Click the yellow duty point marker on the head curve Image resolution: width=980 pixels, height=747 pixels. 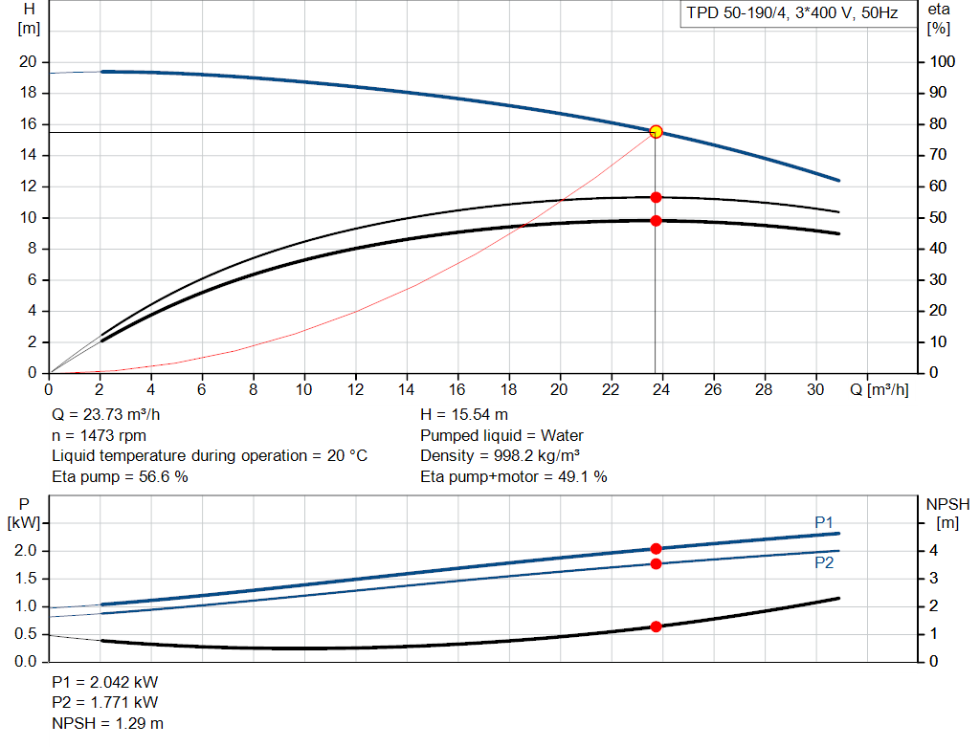point(656,131)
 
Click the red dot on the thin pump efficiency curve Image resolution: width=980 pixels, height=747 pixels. point(656,197)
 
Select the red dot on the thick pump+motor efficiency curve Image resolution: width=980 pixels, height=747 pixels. point(656,221)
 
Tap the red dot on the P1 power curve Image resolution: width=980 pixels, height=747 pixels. point(656,549)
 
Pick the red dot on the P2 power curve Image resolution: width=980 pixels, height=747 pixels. point(656,563)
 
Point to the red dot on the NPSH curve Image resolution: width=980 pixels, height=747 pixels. point(656,626)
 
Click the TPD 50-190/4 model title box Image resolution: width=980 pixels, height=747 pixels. point(791,14)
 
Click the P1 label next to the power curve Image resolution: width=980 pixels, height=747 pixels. point(824,521)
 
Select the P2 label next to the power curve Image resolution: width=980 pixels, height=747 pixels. point(824,563)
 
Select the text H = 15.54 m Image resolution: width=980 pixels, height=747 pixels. point(464,415)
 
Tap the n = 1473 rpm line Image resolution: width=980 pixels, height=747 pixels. point(99,435)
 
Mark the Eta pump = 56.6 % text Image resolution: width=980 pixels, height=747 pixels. point(120,476)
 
